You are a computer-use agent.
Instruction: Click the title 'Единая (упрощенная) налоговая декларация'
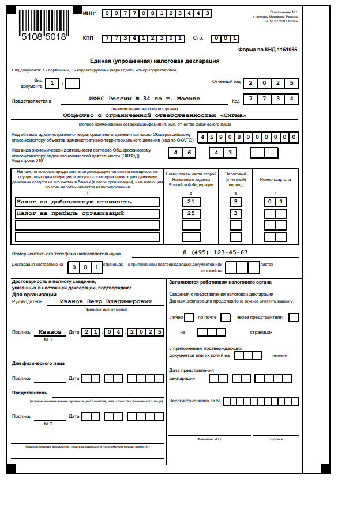pos(155,61)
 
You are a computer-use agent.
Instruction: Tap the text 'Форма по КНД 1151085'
pos(268,50)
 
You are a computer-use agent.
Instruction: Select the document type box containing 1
pos(52,84)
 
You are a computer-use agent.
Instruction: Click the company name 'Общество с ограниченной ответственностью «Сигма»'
pos(155,115)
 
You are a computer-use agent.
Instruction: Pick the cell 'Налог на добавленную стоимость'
pos(87,202)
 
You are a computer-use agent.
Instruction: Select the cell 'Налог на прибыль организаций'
pos(87,213)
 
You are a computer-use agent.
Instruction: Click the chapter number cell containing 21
pos(191,202)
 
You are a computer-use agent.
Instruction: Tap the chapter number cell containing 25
pos(191,213)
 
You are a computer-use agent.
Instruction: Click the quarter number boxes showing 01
pos(275,202)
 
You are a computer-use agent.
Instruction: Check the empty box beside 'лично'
pos(189,317)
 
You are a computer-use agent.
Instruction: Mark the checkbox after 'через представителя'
pos(294,317)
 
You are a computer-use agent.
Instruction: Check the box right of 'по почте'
pos(226,317)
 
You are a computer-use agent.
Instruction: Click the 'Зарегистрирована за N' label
pos(194,400)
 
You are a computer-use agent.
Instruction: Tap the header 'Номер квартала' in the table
pos(275,179)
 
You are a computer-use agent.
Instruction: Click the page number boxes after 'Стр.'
pos(226,39)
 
